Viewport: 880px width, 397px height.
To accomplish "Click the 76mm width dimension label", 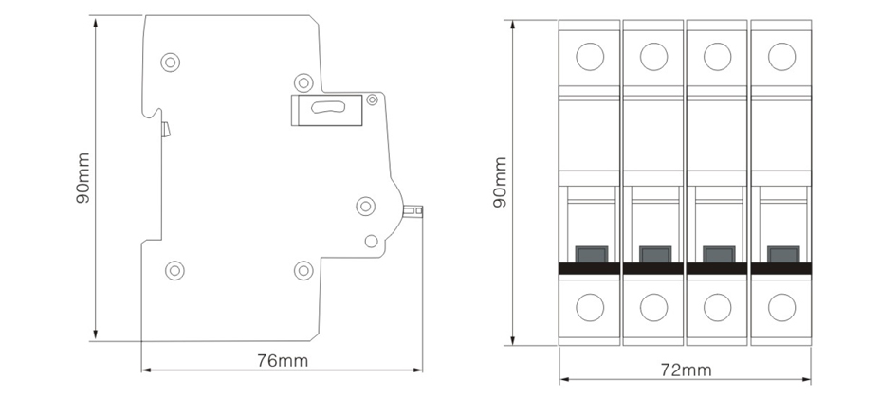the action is (283, 361).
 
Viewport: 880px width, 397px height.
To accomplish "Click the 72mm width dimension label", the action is (686, 370).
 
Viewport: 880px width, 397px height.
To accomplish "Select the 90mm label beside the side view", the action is (83, 178).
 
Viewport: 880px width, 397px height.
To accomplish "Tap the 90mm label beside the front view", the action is (500, 182).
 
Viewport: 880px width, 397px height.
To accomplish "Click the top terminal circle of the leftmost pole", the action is (590, 57).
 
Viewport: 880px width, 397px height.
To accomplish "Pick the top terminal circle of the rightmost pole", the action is (781, 57).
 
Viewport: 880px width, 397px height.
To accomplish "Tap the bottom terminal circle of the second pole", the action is (653, 307).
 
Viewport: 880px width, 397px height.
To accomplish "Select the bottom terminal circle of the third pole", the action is (717, 307).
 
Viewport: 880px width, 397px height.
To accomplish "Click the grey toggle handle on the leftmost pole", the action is (592, 255).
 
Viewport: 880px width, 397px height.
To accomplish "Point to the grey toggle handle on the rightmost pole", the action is (783, 255).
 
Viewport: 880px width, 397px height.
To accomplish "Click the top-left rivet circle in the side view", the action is (170, 62).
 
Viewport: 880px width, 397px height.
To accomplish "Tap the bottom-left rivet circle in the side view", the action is (174, 271).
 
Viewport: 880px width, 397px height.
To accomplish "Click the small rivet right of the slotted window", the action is (372, 99).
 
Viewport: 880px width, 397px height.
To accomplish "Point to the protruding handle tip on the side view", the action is (413, 211).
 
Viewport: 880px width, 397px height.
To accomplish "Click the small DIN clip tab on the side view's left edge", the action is (165, 129).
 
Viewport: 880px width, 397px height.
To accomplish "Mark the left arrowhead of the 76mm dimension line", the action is (145, 370).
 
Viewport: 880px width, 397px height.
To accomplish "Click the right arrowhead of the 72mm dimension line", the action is (806, 380).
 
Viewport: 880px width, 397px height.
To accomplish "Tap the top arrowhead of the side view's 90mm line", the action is (96, 23).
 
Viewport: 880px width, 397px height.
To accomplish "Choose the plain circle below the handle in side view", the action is (371, 241).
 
